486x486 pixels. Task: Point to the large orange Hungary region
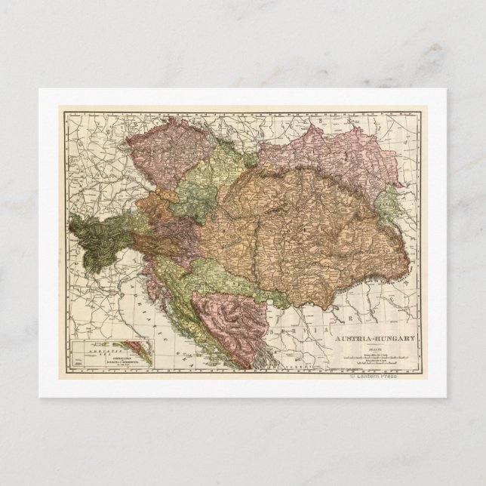pos(302,226)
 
